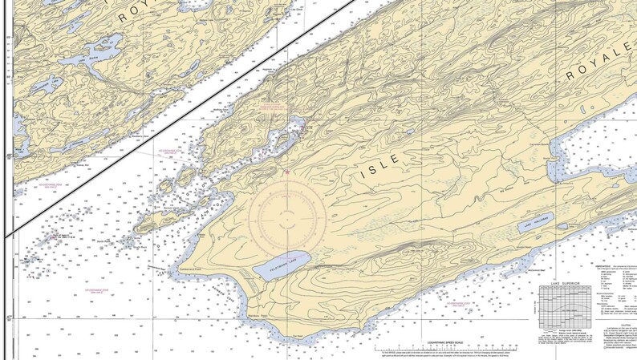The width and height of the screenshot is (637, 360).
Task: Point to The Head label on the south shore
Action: click(x=297, y=336)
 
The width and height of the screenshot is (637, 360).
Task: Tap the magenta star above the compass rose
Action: click(x=286, y=172)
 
